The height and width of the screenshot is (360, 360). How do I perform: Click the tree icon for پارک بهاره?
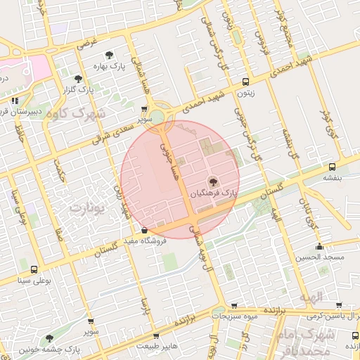pyautogui.click(x=109, y=55)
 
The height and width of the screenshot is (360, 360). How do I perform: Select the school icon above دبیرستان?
pyautogui.click(x=15, y=101)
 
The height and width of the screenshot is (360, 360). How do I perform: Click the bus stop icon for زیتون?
pyautogui.click(x=245, y=81)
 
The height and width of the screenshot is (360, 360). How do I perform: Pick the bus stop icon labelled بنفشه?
pyautogui.click(x=332, y=167)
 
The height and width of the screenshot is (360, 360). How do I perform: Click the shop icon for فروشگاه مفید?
pyautogui.click(x=144, y=230)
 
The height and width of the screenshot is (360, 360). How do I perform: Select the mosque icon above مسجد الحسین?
pyautogui.click(x=320, y=247)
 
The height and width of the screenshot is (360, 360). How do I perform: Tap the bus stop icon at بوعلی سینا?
pyautogui.click(x=34, y=269)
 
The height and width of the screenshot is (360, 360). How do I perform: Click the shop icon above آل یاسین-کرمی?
pyautogui.click(x=340, y=306)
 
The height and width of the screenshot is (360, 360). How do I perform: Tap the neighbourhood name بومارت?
pyautogui.click(x=88, y=208)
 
